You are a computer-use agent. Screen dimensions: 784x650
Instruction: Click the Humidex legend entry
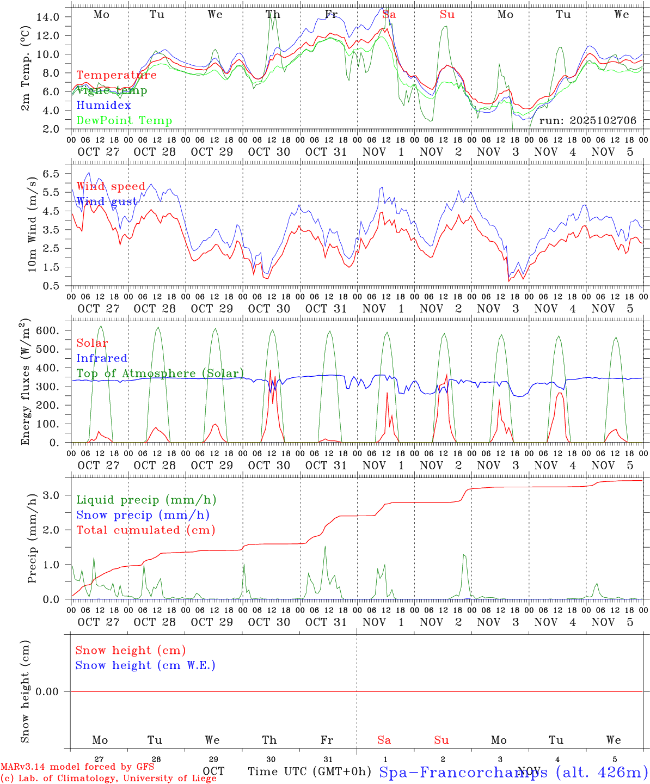click(103, 105)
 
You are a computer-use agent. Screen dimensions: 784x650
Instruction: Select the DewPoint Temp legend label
click(124, 120)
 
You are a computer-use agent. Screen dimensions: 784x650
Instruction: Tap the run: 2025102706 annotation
click(587, 120)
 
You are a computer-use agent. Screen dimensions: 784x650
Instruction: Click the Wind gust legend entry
click(107, 201)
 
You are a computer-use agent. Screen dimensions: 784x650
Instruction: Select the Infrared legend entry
click(102, 358)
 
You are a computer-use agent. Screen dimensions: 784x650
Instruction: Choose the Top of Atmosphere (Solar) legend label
click(160, 373)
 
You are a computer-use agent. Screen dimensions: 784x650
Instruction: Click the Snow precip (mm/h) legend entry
click(143, 514)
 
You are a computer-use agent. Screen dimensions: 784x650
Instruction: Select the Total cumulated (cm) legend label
click(145, 530)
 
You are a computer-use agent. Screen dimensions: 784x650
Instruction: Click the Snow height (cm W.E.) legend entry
click(145, 665)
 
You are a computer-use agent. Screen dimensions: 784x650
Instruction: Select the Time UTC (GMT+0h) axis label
click(309, 771)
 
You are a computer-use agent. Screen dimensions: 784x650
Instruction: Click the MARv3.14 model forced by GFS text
click(77, 767)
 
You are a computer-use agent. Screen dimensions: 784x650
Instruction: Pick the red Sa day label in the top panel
click(389, 15)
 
